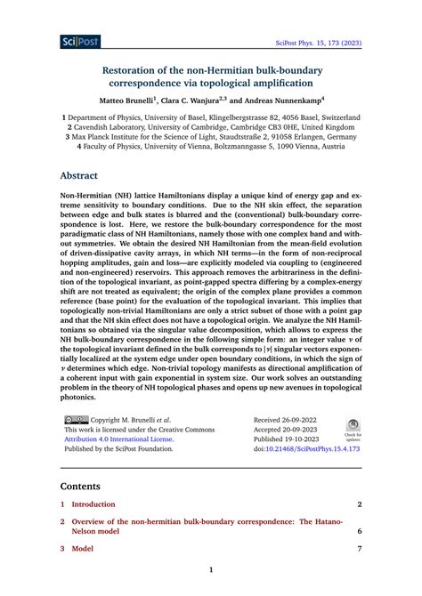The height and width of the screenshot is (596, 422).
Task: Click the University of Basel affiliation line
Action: click(211, 117)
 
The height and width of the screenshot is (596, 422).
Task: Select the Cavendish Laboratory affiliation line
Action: click(211, 127)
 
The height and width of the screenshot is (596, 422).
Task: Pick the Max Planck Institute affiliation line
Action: click(211, 138)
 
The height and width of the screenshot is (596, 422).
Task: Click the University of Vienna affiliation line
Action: click(211, 149)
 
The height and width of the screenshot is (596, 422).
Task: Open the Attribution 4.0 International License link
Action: click(118, 439)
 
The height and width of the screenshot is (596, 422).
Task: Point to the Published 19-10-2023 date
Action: click(288, 439)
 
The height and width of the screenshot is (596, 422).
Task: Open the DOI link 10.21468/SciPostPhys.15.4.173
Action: click(312, 449)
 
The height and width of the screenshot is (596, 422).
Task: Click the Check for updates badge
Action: click(353, 430)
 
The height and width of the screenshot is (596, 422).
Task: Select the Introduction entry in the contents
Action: click(93, 504)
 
